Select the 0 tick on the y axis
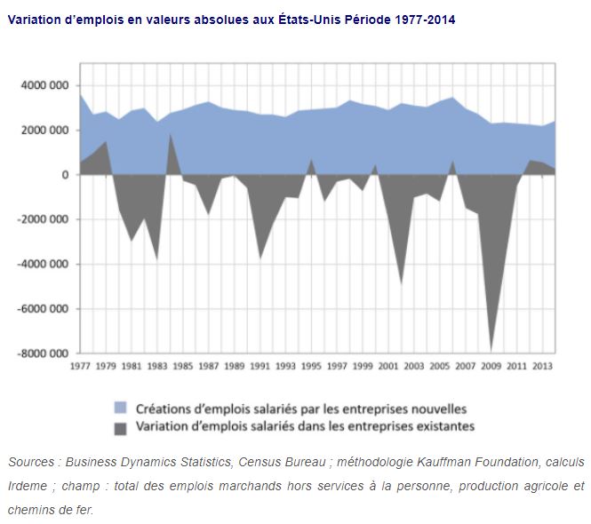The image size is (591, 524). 66,176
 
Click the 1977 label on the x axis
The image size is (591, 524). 80,366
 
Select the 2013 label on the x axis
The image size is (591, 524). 543,366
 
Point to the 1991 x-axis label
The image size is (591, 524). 260,366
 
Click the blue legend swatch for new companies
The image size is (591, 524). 120,409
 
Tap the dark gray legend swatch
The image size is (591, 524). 120,426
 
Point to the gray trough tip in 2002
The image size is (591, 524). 402,283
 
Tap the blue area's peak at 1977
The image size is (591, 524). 81,95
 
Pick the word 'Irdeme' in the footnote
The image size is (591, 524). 28,486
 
